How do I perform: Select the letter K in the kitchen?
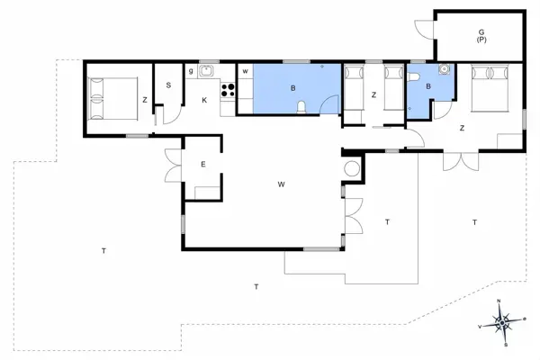[x=204, y=99]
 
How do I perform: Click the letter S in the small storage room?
[x=168, y=85]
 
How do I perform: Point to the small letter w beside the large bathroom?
[x=244, y=70]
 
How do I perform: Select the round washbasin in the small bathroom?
[x=442, y=69]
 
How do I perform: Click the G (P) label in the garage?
[x=481, y=36]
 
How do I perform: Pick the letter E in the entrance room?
[x=203, y=164]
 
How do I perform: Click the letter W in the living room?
[x=281, y=184]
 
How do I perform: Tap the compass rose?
[x=503, y=321]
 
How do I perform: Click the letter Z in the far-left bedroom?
[x=144, y=100]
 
